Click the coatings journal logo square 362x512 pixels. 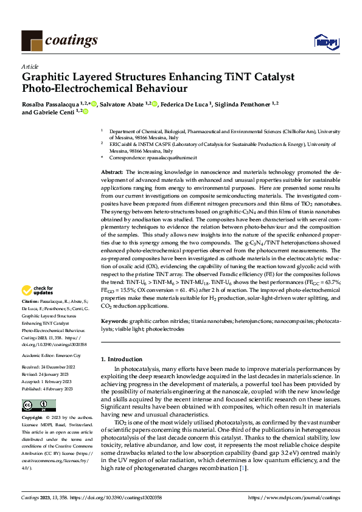click(x=32, y=41)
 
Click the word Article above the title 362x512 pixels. click(x=30, y=66)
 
